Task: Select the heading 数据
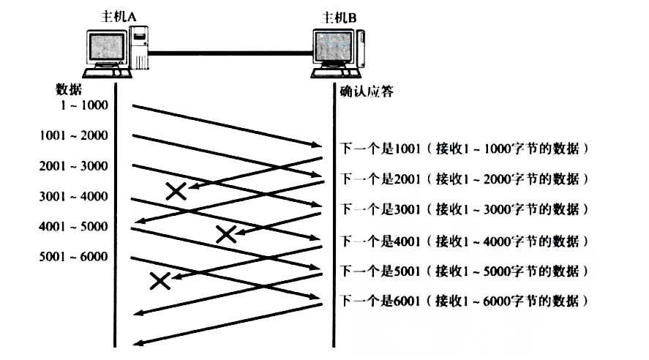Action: coord(69,89)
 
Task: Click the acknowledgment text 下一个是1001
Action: coord(378,149)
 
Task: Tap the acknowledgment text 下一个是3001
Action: coord(378,209)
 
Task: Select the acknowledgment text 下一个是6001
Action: coord(378,301)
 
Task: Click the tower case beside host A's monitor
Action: coord(138,48)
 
